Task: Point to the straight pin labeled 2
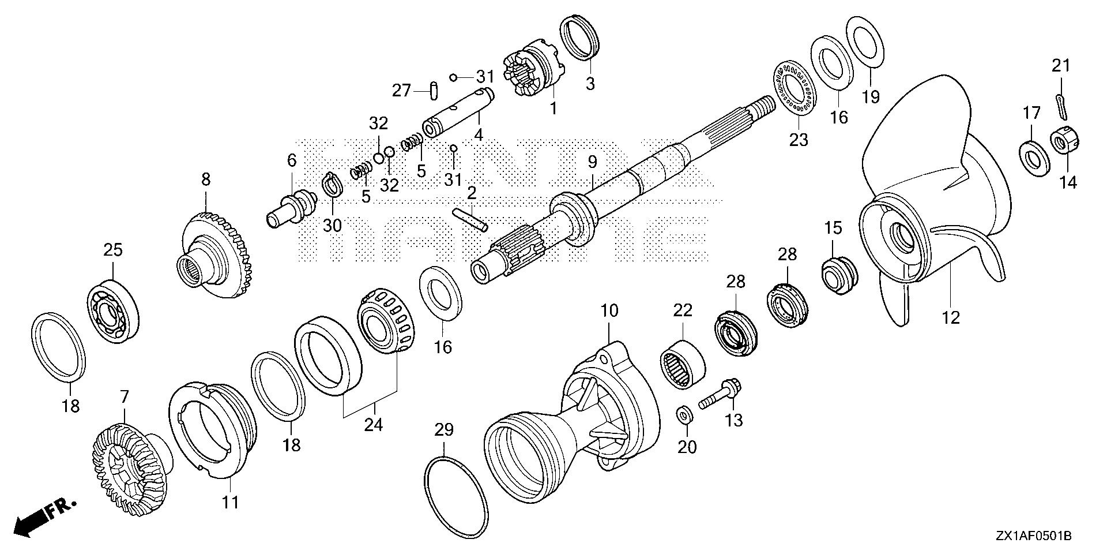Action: (470, 219)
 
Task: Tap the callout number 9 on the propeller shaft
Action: (593, 163)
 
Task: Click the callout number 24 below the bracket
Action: (373, 425)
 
